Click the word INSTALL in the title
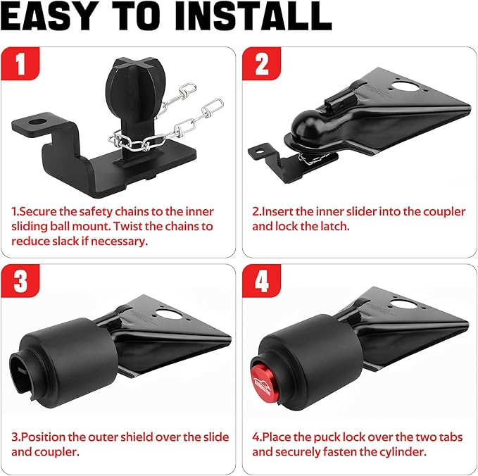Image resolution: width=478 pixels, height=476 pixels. (253, 15)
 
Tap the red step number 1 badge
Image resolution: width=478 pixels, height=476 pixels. (20, 64)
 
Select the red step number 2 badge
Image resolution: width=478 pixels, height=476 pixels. (262, 64)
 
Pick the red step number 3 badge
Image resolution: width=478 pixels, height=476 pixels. (20, 280)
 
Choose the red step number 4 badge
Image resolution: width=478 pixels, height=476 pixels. (262, 280)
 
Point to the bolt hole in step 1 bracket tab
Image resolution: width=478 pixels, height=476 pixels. (37, 122)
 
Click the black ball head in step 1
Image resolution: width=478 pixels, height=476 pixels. (135, 86)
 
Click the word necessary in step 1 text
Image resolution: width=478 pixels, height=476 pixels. (119, 242)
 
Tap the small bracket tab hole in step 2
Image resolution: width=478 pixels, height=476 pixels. (260, 151)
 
